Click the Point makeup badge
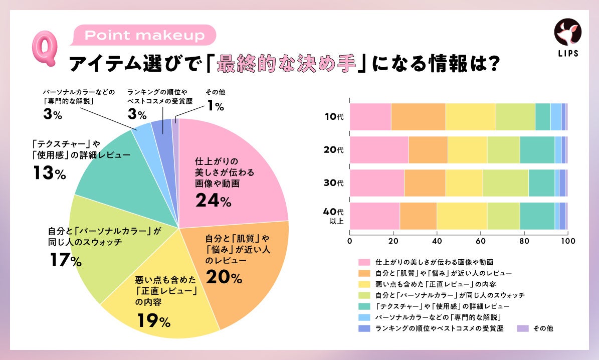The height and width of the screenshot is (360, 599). click(x=144, y=36)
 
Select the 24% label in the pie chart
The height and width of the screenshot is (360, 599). click(x=213, y=201)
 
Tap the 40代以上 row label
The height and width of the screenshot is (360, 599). click(x=334, y=215)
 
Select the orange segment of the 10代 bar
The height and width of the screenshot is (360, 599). click(x=418, y=116)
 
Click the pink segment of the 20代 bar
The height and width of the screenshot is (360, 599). click(x=379, y=149)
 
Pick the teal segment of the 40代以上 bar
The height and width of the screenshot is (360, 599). click(x=537, y=216)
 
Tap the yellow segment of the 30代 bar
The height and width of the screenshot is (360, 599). click(x=464, y=183)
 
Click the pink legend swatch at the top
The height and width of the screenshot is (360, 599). click(x=364, y=262)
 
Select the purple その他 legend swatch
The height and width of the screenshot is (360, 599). click(x=522, y=328)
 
